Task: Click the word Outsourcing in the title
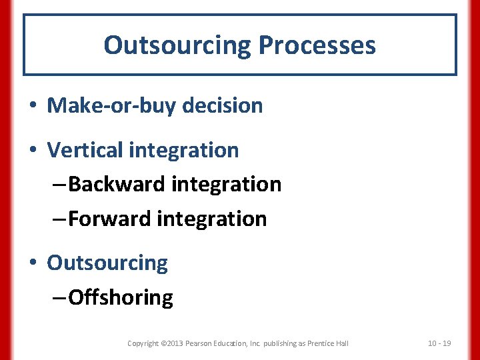177,45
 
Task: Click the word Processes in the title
317,45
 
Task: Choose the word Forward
109,219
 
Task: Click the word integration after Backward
227,184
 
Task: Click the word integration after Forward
212,219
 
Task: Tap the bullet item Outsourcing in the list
107,263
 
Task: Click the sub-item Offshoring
121,297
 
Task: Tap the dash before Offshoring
59,298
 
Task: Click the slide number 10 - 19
439,343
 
